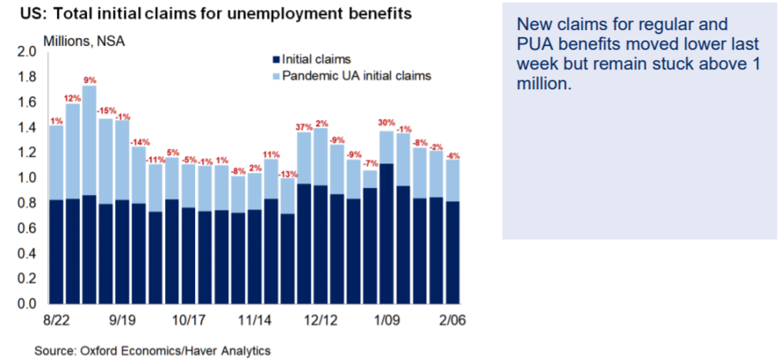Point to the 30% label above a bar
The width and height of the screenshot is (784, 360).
click(386, 122)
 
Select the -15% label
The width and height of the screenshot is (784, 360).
click(107, 111)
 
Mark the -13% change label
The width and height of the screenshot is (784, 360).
click(287, 173)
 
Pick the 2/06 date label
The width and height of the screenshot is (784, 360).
click(452, 322)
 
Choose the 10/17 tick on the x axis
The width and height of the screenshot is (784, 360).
click(188, 322)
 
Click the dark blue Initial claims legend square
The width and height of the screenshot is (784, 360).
click(275, 59)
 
